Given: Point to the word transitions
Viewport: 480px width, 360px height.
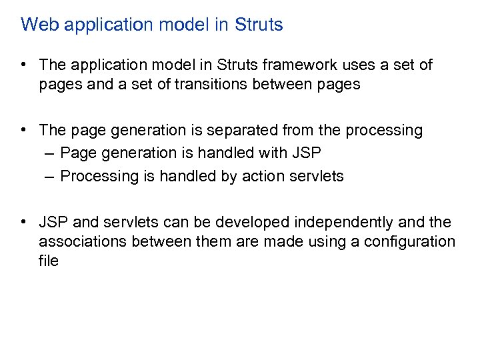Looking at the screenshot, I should coord(202,84).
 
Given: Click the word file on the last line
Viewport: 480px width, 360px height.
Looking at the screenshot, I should coord(49,260).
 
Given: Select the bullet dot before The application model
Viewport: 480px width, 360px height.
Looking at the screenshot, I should coord(24,65).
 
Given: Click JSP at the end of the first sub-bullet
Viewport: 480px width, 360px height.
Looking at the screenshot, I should coord(306,153).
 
